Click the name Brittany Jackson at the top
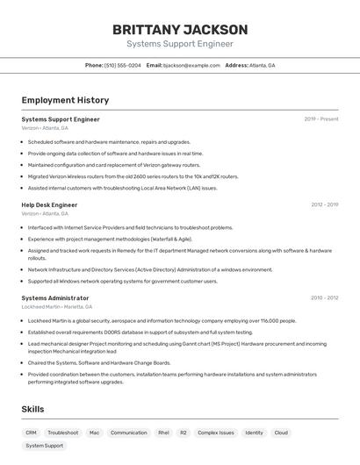pyautogui.click(x=180, y=30)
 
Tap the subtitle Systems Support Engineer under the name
pyautogui.click(x=180, y=44)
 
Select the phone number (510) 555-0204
pyautogui.click(x=122, y=65)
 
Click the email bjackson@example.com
pyautogui.click(x=191, y=65)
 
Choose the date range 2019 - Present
pyautogui.click(x=321, y=119)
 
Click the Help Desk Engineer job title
pyautogui.click(x=49, y=205)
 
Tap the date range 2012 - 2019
pyautogui.click(x=324, y=205)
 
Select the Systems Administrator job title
pyautogui.click(x=55, y=298)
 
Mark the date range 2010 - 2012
pyautogui.click(x=324, y=298)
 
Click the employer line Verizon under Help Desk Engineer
pyautogui.click(x=45, y=213)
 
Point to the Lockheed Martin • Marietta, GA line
pyautogui.click(x=57, y=306)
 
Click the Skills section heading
pyautogui.click(x=34, y=410)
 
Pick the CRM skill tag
pyautogui.click(x=31, y=433)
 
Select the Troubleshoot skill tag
pyautogui.click(x=62, y=433)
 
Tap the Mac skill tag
pyautogui.click(x=94, y=433)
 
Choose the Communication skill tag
pyautogui.click(x=128, y=433)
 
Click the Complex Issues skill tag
pyautogui.click(x=215, y=433)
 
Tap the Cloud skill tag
pyautogui.click(x=281, y=433)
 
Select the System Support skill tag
pyautogui.click(x=44, y=446)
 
